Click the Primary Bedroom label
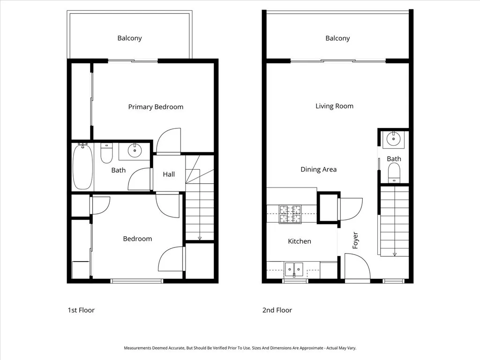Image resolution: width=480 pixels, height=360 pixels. click(156, 107)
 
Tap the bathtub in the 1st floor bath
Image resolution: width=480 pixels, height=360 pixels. click(82, 166)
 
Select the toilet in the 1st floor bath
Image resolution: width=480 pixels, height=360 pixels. click(106, 153)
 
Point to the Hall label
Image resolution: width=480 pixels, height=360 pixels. click(169, 174)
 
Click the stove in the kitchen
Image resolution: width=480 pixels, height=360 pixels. click(291, 215)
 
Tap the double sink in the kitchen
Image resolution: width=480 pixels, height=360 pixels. click(294, 269)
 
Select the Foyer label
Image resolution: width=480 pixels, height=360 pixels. click(355, 240)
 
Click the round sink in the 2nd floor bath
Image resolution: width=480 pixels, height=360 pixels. click(393, 139)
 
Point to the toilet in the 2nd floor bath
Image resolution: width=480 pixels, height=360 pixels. click(394, 172)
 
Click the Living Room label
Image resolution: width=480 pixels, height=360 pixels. click(334, 106)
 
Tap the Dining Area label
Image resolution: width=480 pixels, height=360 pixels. click(318, 169)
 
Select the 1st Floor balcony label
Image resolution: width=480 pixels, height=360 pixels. click(129, 38)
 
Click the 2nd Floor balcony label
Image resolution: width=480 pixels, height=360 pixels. click(337, 38)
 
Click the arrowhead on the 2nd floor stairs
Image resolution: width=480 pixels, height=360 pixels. click(395, 254)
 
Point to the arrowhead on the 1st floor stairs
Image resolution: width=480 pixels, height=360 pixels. click(200, 238)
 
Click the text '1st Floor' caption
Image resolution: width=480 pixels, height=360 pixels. click(81, 310)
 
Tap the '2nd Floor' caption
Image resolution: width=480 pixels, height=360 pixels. click(277, 310)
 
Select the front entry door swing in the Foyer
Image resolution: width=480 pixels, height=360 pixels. click(357, 266)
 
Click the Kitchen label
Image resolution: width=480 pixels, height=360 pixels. click(299, 241)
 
